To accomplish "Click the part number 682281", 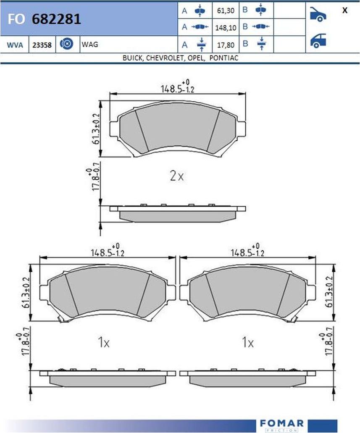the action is [56, 19].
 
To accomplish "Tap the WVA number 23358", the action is [42, 45].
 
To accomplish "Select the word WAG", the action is [90, 45].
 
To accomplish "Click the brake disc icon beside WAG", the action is [67, 44].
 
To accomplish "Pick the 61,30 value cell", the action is [226, 11].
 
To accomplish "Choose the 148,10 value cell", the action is [226, 28].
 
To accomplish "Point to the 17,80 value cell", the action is [226, 45].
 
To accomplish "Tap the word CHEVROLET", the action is [165, 58].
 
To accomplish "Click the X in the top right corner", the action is [345, 10].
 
